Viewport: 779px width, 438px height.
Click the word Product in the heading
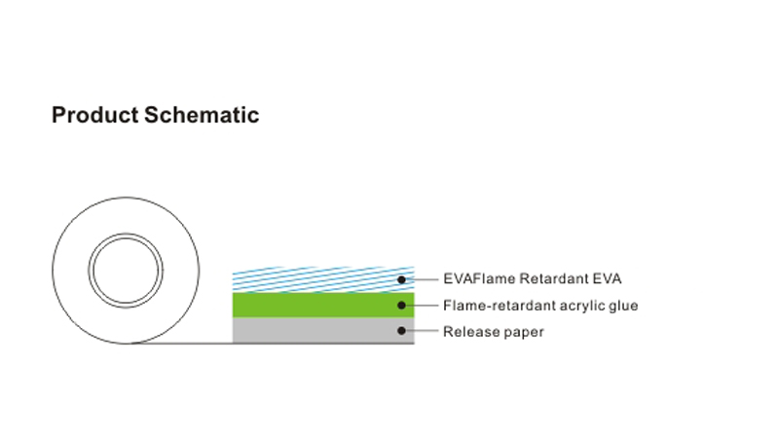point(94,115)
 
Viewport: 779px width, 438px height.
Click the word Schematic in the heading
point(202,115)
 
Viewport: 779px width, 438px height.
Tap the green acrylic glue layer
point(323,305)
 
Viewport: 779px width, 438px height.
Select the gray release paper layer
point(323,330)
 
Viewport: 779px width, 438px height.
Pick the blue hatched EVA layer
point(323,279)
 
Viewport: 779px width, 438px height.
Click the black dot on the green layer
point(401,306)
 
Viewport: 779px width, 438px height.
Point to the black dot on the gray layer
point(401,331)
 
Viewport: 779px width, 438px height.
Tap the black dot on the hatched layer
point(401,279)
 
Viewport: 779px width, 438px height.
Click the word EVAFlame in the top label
point(479,278)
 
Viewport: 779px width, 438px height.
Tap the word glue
point(623,307)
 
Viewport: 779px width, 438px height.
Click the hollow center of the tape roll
point(126,271)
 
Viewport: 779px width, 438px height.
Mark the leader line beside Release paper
point(422,331)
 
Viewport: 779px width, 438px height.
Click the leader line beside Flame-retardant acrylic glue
point(422,306)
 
